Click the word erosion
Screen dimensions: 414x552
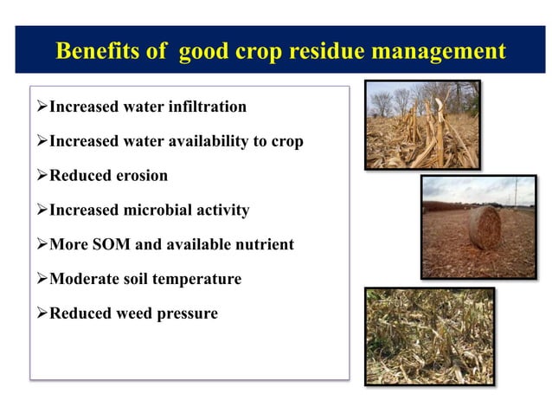[x=141, y=176]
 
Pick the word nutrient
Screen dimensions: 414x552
[x=262, y=245]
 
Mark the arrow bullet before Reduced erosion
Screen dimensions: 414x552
[x=41, y=176]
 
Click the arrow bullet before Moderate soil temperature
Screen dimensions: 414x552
[x=41, y=279]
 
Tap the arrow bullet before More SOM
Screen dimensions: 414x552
[x=41, y=245]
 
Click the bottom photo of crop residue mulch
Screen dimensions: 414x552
[x=428, y=336]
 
